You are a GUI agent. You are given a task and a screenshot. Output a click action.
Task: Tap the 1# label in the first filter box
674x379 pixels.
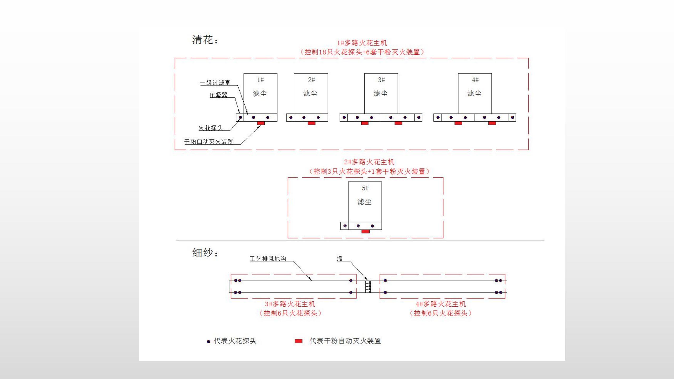click(260, 80)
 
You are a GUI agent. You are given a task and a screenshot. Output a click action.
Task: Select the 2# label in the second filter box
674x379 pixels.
click(311, 80)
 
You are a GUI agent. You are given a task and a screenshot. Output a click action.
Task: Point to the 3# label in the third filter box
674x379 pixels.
click(381, 80)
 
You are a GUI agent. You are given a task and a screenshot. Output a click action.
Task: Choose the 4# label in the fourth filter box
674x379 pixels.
click(475, 80)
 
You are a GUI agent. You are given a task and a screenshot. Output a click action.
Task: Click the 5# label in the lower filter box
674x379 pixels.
click(365, 188)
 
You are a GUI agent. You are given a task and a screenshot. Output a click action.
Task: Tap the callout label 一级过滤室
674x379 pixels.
click(215, 83)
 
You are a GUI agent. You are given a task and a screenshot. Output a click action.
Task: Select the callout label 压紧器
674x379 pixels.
click(218, 95)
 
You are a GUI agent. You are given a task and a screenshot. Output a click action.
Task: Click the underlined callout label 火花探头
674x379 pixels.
click(210, 128)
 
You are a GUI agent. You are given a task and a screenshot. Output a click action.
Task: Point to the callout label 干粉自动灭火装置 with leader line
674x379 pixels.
click(209, 142)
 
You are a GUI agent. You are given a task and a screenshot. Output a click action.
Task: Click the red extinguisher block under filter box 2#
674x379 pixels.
click(311, 123)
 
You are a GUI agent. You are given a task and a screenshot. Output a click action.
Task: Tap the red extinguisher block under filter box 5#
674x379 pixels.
click(365, 231)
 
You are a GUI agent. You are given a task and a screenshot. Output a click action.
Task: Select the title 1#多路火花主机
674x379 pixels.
click(362, 43)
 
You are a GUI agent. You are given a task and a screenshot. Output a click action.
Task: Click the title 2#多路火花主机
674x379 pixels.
click(369, 162)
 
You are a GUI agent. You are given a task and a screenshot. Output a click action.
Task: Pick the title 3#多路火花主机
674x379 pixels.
click(290, 304)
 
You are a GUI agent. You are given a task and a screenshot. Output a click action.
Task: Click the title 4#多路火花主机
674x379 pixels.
click(441, 304)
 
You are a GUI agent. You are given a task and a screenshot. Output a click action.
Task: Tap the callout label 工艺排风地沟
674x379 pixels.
click(268, 259)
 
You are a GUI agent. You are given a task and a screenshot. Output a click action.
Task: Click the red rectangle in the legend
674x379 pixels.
click(298, 341)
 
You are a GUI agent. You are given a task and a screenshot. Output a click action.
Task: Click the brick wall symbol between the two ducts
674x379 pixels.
click(368, 287)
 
